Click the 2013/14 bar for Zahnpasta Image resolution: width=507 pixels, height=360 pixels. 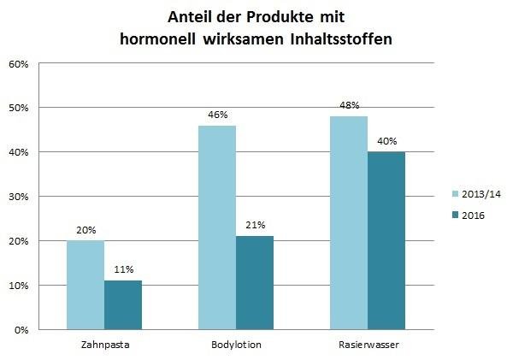pyautogui.click(x=86, y=285)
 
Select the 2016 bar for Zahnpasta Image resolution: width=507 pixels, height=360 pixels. pyautogui.click(x=122, y=305)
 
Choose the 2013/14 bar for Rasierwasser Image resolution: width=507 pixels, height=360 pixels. pyautogui.click(x=350, y=222)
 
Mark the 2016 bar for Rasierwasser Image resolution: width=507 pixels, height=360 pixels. pyautogui.click(x=386, y=240)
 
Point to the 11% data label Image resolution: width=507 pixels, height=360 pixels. pyautogui.click(x=123, y=270)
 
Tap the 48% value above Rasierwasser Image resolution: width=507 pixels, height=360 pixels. pyautogui.click(x=350, y=105)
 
